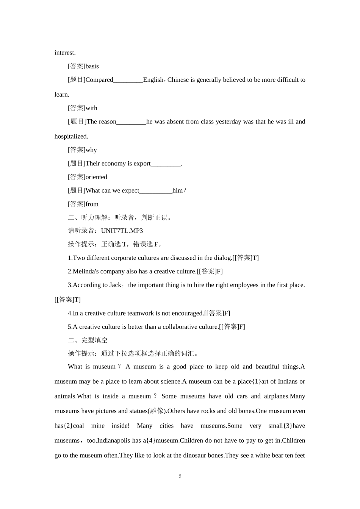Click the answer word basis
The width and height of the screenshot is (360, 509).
pos(92,66)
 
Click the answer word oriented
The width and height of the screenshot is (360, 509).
pos(96,177)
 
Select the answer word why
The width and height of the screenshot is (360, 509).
pos(91,150)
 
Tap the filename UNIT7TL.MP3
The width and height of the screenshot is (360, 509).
pos(122,231)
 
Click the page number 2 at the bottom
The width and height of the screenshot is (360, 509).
pos(180,476)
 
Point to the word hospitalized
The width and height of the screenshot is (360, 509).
pos(71,136)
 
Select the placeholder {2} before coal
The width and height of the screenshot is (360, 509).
pos(68,426)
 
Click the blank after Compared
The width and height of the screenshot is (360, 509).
pos(128,80)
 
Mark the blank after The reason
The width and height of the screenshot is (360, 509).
pos(131,122)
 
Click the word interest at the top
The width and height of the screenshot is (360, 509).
pos(65,53)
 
